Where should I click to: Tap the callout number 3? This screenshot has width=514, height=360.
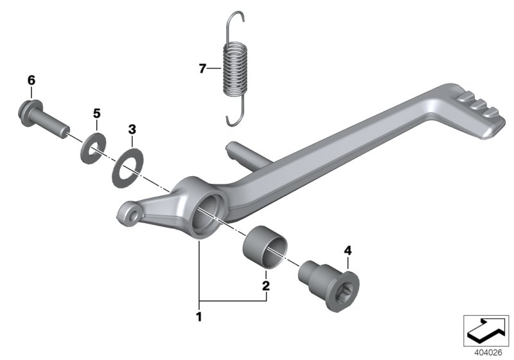(132, 129)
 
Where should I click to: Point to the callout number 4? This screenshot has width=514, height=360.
(348, 250)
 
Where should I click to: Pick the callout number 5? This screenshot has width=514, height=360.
(96, 113)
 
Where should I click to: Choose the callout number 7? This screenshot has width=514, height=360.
(202, 69)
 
